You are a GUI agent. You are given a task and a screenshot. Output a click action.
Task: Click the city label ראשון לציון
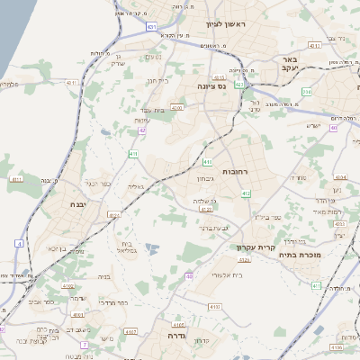(x=226, y=25)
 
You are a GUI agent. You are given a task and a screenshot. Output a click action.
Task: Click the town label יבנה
(x=53, y=205)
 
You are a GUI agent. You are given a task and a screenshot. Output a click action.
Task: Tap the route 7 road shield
(x=84, y=345)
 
